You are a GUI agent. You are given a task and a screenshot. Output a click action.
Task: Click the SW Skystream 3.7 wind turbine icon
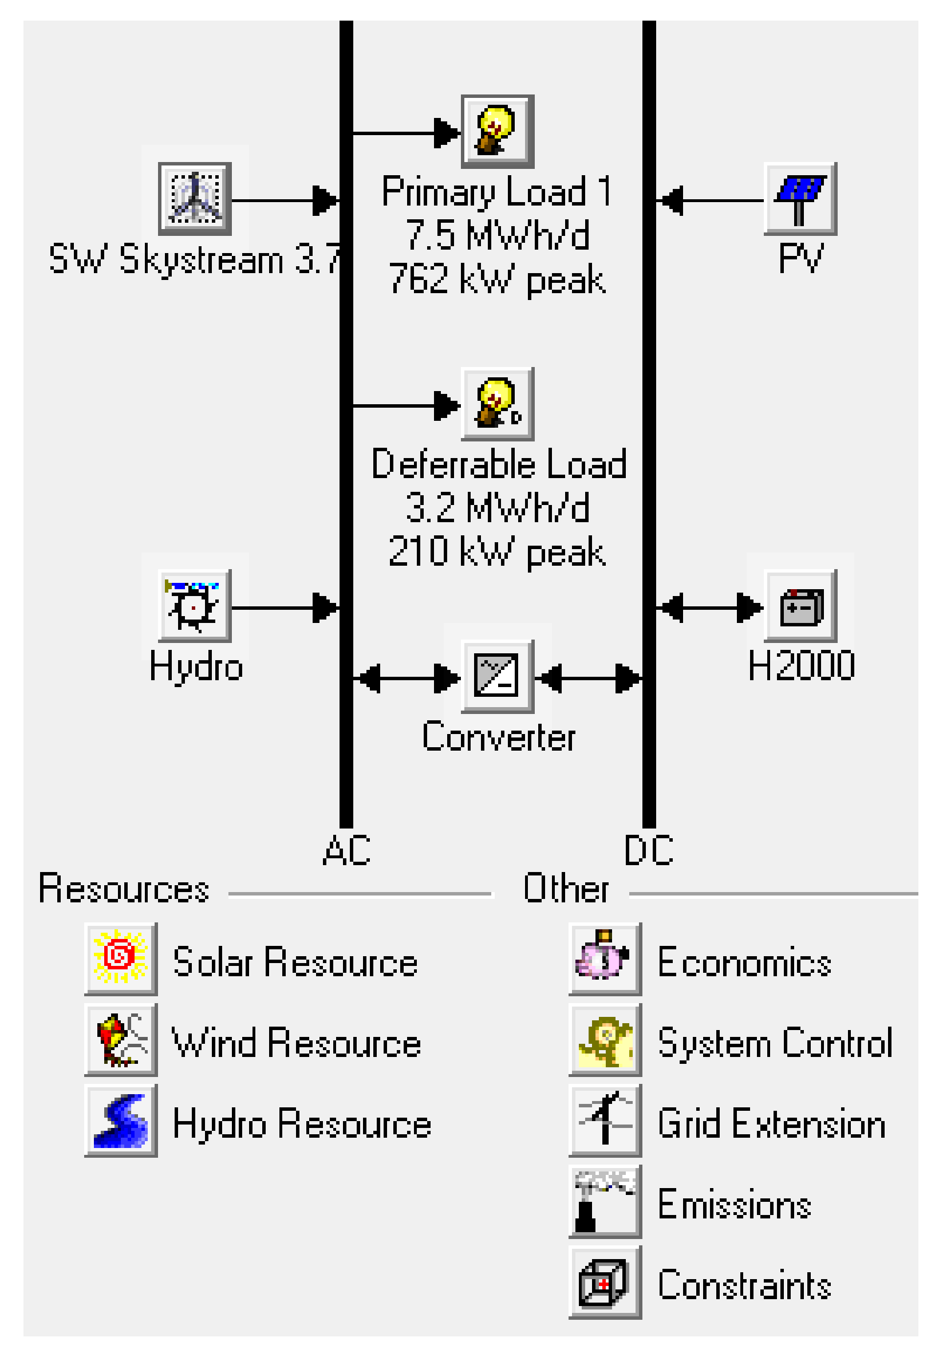tap(195, 199)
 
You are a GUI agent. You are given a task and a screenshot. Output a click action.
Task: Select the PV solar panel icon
tap(799, 199)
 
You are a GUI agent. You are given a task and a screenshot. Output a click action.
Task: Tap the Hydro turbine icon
tap(195, 606)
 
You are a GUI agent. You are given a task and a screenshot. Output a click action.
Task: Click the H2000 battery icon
tap(799, 606)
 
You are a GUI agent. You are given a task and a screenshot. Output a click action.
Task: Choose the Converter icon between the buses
tap(497, 677)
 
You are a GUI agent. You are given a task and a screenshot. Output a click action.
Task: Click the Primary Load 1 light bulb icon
tap(497, 131)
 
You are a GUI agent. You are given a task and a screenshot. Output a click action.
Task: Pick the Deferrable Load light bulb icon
tap(497, 404)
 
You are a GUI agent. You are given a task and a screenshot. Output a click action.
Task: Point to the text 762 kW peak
tap(497, 279)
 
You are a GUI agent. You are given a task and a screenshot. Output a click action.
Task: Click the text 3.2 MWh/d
tap(497, 508)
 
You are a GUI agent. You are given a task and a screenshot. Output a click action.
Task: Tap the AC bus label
tap(346, 850)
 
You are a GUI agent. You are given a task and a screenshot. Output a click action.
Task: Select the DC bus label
tap(648, 850)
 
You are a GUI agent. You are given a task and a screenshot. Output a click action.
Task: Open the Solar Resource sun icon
tap(121, 958)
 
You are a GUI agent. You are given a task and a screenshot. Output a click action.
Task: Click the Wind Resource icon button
tap(121, 1039)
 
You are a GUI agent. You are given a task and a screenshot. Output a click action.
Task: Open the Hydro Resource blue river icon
tap(121, 1120)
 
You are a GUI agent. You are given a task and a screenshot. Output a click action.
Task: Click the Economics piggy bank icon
tap(605, 958)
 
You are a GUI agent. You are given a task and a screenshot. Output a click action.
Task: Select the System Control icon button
tap(605, 1039)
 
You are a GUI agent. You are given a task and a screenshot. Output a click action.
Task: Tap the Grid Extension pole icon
tap(605, 1120)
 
